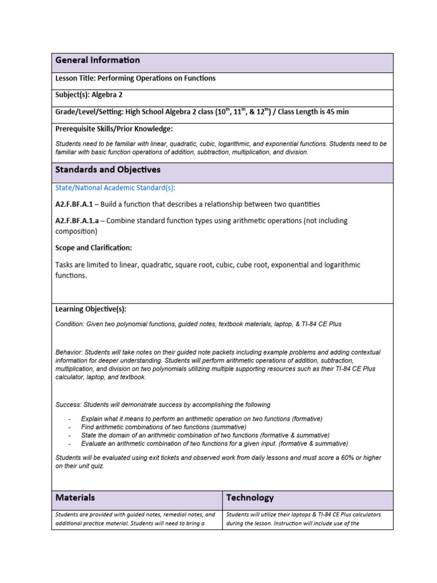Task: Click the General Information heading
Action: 97,60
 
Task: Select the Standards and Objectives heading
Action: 108,170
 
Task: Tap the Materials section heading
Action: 75,498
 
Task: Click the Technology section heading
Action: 250,498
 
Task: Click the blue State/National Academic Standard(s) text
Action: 116,187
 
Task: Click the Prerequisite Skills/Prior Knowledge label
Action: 114,129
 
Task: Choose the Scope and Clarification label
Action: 93,248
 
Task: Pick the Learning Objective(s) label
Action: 90,309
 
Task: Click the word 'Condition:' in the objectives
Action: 69,324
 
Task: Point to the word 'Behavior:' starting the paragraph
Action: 69,352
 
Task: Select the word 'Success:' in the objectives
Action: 68,405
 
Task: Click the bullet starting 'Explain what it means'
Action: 201,418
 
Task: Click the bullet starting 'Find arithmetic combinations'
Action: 163,427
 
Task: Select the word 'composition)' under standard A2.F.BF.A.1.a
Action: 76,232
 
